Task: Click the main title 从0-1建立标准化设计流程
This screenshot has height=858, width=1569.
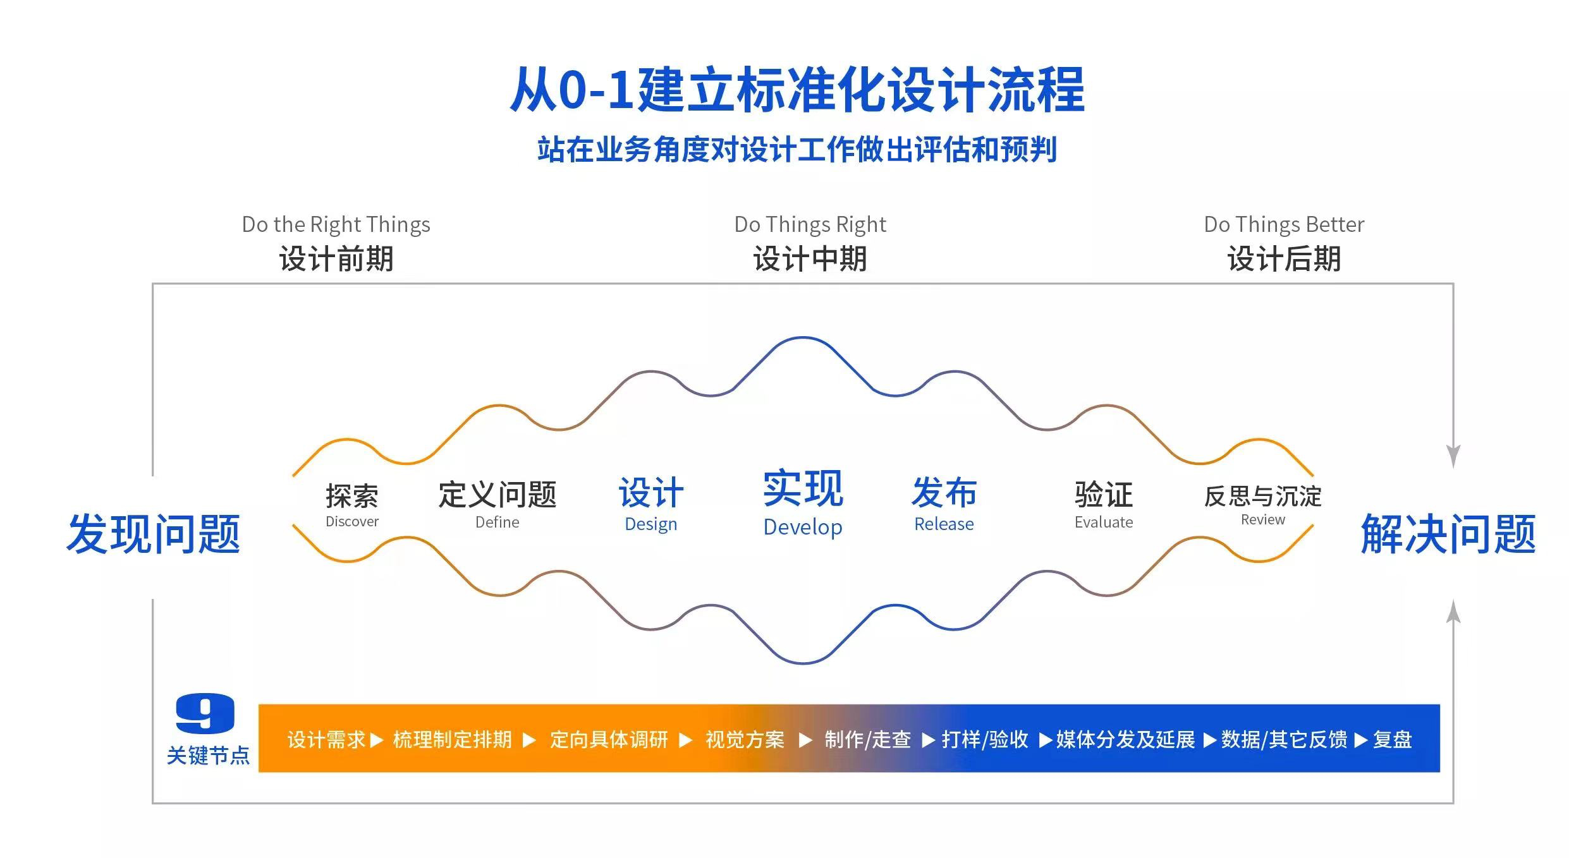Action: pos(797,90)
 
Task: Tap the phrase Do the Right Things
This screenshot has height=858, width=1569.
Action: pos(336,224)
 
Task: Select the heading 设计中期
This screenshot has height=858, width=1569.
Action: pos(810,259)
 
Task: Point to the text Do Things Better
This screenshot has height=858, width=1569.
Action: pos(1283,224)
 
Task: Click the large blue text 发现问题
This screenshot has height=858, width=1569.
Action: pos(154,535)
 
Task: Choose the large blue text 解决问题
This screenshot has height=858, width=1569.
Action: pos(1448,535)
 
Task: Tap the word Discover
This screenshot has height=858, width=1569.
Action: pos(351,522)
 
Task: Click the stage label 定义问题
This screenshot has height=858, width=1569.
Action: pos(497,494)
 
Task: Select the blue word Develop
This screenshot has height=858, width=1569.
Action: pos(802,527)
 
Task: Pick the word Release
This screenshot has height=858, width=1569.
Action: pos(944,524)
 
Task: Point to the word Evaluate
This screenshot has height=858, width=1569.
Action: pos(1103,523)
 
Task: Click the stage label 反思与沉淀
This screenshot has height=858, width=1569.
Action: pos(1262,496)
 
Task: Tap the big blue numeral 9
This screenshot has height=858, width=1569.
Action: pos(205,713)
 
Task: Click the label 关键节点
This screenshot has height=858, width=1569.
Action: pos(208,756)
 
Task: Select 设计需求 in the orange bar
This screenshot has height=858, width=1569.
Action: pos(326,739)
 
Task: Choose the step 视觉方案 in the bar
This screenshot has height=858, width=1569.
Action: pos(745,739)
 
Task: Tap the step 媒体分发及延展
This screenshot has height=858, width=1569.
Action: pos(1125,739)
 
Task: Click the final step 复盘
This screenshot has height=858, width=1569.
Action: pos(1392,739)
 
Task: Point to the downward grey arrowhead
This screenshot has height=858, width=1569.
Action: pos(1453,456)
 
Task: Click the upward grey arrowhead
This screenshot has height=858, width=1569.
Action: pos(1453,611)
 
